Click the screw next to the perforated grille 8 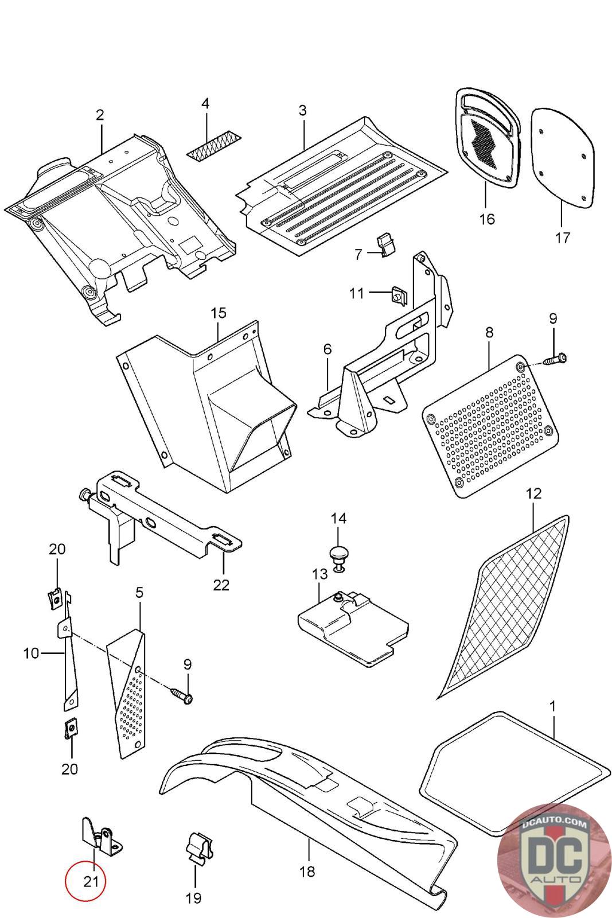coord(556,360)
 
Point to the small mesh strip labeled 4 coord(215,147)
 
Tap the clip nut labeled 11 coord(398,294)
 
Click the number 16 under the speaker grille coord(487,219)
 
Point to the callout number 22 coord(221,585)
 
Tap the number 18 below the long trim coord(307,872)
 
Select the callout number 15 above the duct coord(219,313)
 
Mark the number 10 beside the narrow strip coord(32,653)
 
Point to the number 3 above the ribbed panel coord(302,110)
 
